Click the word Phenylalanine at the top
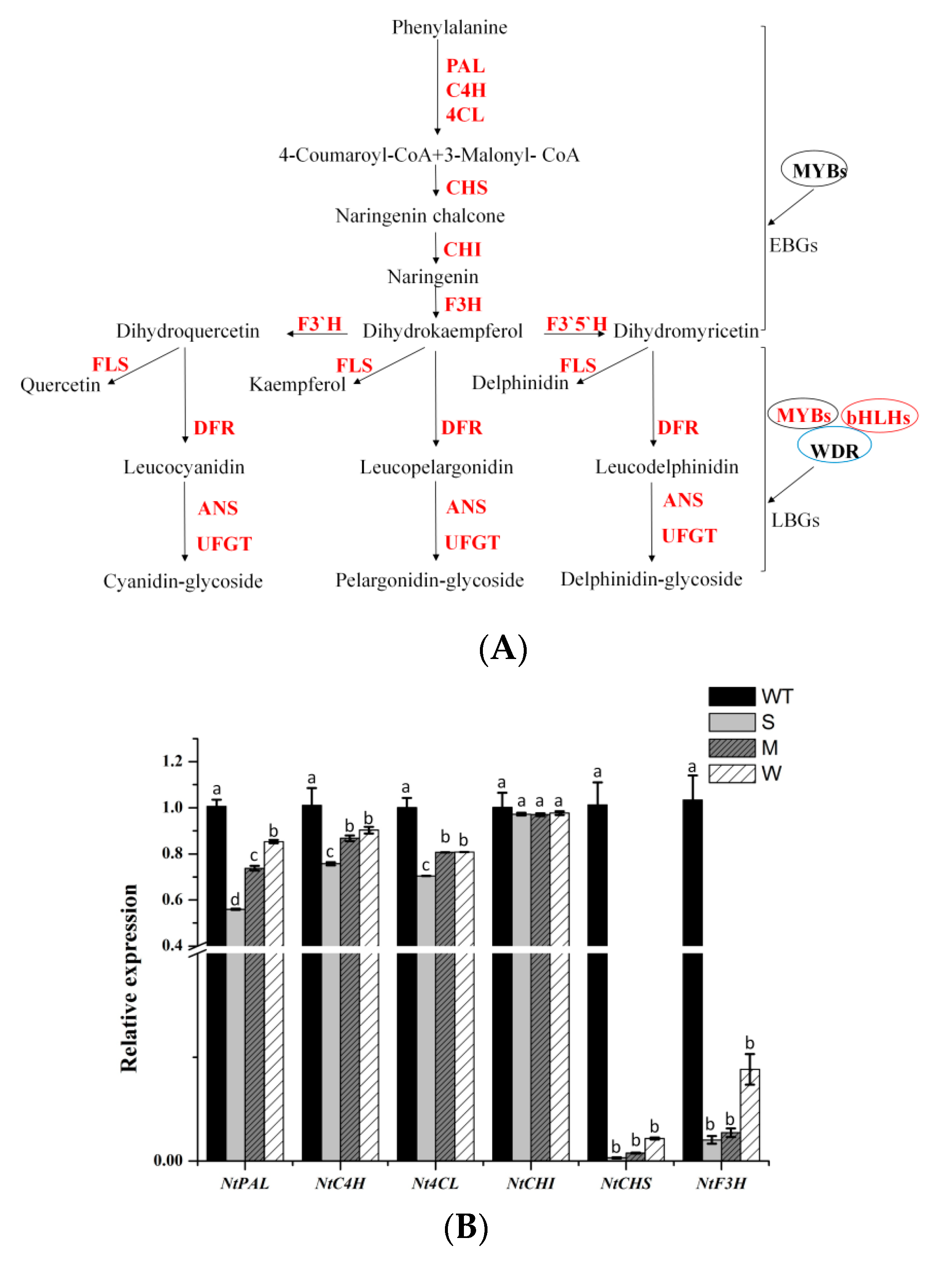tap(450, 27)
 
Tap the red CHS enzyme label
tap(466, 188)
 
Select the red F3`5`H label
tap(576, 324)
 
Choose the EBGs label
tap(793, 245)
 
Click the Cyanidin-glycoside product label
tap(183, 581)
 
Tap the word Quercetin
tap(60, 384)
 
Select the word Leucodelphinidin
tap(667, 467)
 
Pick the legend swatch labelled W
tap(731, 773)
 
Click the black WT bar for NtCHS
tap(597, 990)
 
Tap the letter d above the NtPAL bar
tap(235, 899)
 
